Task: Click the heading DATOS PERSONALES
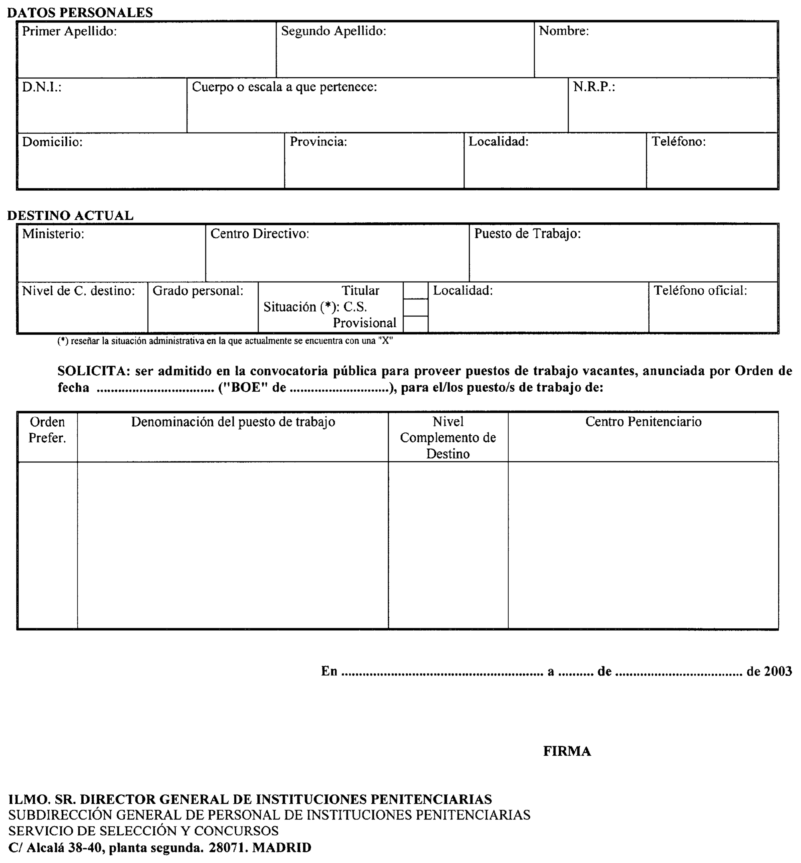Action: (x=80, y=12)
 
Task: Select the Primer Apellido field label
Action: (x=69, y=31)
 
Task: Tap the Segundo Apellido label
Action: (x=333, y=31)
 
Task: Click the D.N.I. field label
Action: (x=42, y=87)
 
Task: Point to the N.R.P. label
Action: (x=594, y=87)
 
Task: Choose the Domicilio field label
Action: (x=52, y=142)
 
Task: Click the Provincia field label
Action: (x=318, y=142)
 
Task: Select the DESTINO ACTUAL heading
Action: (x=70, y=215)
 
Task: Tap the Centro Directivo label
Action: (x=260, y=234)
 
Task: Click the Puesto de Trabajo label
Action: (x=527, y=234)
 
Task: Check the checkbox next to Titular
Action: (x=415, y=290)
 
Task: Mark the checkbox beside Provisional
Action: (x=415, y=324)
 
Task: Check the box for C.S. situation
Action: (x=415, y=307)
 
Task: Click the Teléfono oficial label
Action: (x=700, y=290)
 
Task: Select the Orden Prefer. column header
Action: (x=47, y=430)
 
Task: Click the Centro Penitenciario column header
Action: (x=643, y=422)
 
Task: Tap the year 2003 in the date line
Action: (x=778, y=671)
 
